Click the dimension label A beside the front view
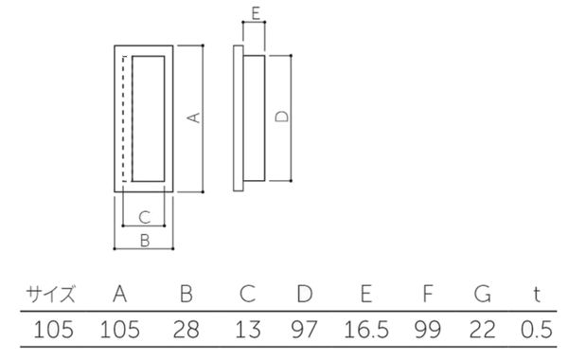(194, 117)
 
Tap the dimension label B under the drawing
(145, 241)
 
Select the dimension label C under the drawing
(145, 218)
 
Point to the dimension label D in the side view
(282, 117)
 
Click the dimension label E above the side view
(256, 13)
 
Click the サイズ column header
(51, 294)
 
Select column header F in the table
(428, 294)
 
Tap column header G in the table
(483, 294)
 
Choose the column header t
(537, 295)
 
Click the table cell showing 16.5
(366, 330)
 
